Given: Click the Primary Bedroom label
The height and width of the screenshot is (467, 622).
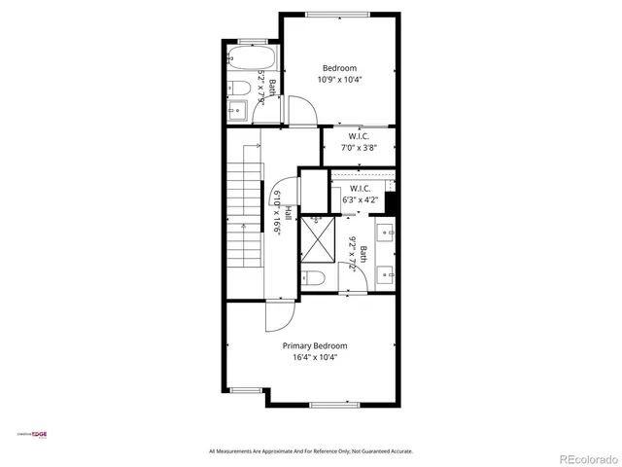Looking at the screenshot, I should (x=314, y=345).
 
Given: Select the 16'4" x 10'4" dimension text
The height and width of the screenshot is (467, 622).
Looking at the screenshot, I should (x=314, y=357).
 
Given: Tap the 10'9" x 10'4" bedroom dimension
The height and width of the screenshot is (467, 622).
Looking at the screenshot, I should (x=340, y=80).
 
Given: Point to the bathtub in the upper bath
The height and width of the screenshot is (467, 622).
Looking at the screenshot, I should (x=242, y=59).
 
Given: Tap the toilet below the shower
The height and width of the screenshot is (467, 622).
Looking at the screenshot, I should (x=313, y=278).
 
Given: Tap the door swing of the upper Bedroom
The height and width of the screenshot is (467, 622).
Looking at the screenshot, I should (x=302, y=112).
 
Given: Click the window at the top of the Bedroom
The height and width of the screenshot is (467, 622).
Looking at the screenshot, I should (x=339, y=14).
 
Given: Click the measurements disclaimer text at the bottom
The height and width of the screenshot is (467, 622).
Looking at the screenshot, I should (x=311, y=451).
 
